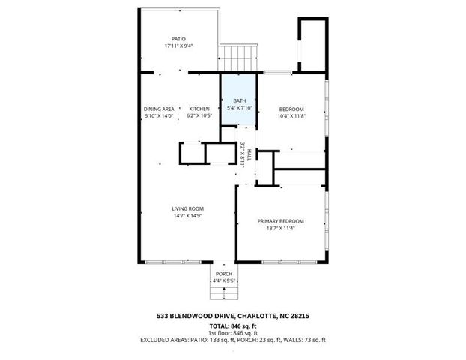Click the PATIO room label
click(x=178, y=38)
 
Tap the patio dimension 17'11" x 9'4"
click(x=178, y=46)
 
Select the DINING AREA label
click(x=159, y=109)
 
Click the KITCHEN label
click(x=199, y=109)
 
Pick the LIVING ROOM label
click(x=189, y=208)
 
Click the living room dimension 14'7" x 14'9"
click(x=189, y=215)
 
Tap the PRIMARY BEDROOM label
click(x=281, y=221)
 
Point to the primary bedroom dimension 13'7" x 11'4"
click(x=281, y=229)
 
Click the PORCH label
click(x=224, y=274)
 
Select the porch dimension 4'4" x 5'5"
click(x=224, y=280)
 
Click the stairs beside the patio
click(x=237, y=56)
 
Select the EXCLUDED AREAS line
click(x=233, y=340)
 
